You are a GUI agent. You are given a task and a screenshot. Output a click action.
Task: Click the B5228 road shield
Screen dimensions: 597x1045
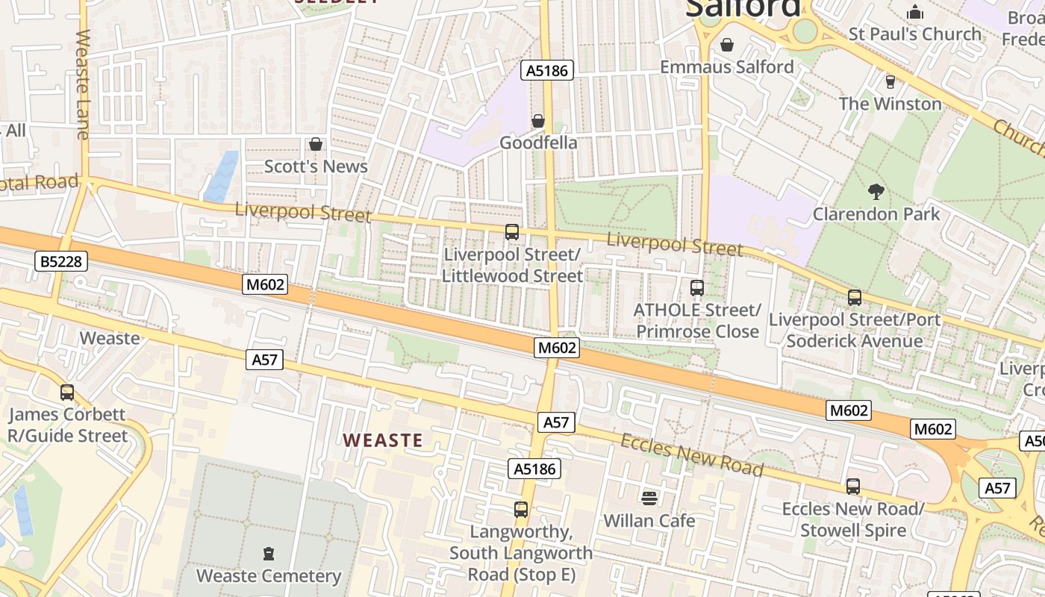[62, 261]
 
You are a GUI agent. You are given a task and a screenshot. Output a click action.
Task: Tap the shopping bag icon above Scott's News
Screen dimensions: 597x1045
[316, 143]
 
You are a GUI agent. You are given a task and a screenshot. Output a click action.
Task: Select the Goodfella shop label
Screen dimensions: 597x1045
[538, 143]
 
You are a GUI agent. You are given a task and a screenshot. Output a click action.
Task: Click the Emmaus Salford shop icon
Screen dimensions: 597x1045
[727, 45]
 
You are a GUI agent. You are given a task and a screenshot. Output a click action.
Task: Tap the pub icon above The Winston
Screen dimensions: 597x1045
[890, 81]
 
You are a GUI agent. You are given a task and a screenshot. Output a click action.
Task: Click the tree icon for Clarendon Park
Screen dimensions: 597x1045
[876, 192]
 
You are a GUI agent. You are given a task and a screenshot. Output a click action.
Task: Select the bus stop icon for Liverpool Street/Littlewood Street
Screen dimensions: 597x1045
[512, 231]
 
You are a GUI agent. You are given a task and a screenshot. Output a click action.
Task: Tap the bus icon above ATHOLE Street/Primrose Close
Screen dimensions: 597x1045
[697, 287]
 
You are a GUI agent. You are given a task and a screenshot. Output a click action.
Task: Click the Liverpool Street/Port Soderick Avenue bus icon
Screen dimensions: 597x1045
[855, 297]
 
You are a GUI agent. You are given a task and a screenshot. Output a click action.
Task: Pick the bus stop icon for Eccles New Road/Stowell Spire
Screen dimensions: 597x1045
[853, 487]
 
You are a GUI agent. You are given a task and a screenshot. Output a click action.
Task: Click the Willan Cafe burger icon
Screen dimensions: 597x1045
[649, 498]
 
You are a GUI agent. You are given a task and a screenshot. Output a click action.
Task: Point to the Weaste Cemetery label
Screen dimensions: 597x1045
[269, 576]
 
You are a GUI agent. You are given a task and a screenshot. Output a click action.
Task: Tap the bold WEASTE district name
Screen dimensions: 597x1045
[383, 440]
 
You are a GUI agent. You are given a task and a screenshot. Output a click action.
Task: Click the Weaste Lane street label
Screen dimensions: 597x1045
[82, 84]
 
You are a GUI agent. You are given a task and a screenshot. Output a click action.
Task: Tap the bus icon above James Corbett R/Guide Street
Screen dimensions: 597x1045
[67, 392]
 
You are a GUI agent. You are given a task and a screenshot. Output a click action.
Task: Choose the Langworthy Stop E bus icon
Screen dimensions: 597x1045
[521, 510]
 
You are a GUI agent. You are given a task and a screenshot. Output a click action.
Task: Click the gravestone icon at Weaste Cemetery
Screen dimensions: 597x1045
[269, 554]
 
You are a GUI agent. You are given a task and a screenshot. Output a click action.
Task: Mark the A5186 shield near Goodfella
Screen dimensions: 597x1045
[547, 71]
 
